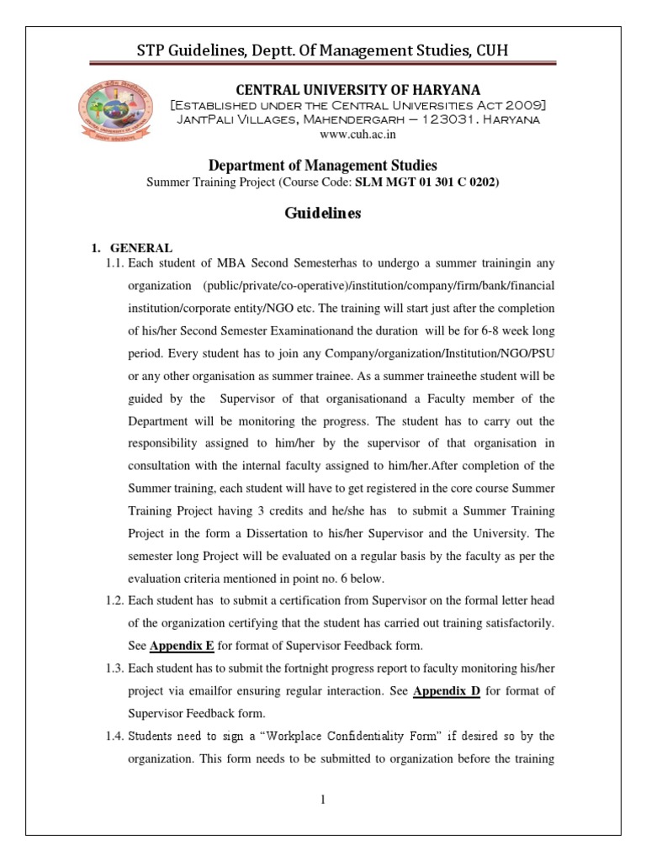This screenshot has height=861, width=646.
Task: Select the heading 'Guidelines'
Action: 323,214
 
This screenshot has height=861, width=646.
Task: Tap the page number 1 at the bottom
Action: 322,799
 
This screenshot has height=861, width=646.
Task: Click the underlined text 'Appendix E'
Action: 182,646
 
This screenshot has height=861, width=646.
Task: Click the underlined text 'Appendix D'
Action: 446,689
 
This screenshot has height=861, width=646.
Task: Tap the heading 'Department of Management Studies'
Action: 322,166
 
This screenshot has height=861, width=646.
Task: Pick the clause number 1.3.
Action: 114,668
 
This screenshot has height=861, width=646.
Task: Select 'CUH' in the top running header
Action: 489,51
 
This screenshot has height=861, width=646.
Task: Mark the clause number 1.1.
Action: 114,263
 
